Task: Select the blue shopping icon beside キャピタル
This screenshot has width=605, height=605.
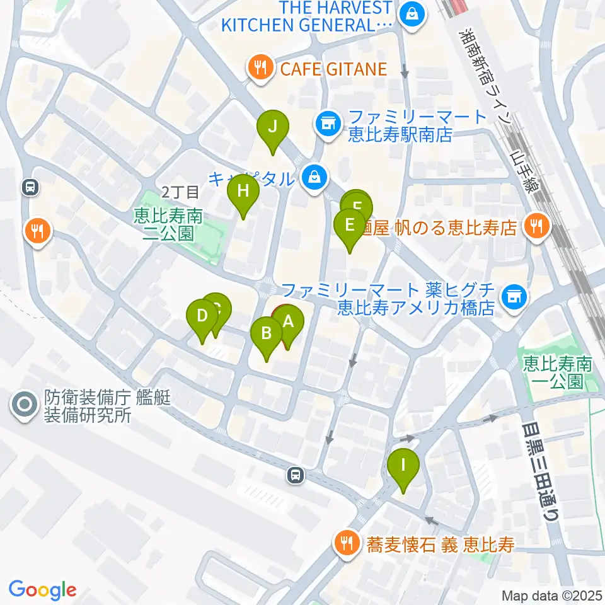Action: tap(314, 178)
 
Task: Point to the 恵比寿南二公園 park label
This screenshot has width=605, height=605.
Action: tap(168, 226)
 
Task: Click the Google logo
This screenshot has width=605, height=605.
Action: tap(42, 590)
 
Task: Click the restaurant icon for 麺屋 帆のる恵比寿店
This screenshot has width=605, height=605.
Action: tap(536, 226)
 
